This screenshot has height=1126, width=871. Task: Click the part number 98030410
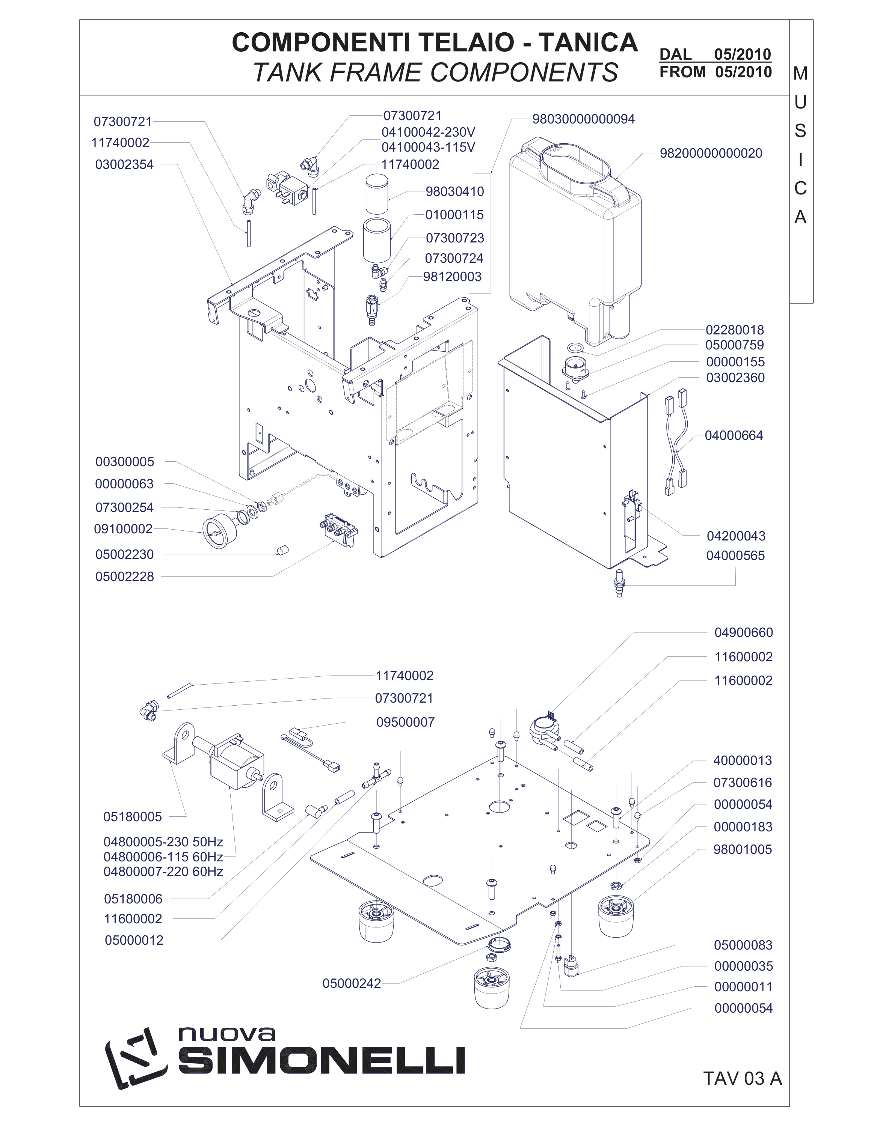pyautogui.click(x=454, y=192)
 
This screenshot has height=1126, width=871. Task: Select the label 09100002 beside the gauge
pyautogui.click(x=123, y=529)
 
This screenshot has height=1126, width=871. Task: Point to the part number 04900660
pyautogui.click(x=744, y=632)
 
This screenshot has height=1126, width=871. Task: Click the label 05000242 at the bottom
pyautogui.click(x=352, y=984)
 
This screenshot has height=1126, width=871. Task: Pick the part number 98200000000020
pyautogui.click(x=711, y=154)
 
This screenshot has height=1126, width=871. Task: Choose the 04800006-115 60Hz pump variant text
pyautogui.click(x=163, y=857)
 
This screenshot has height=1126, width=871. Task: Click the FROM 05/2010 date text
pyautogui.click(x=716, y=72)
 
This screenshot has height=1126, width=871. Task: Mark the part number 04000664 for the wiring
pyautogui.click(x=734, y=436)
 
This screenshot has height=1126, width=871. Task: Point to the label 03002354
pyautogui.click(x=124, y=165)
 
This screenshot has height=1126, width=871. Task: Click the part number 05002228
pyautogui.click(x=124, y=577)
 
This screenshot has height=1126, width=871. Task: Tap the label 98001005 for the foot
pyautogui.click(x=743, y=850)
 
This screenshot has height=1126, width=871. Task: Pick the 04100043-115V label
pyautogui.click(x=428, y=148)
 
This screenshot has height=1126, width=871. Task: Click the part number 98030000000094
pyautogui.click(x=584, y=119)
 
